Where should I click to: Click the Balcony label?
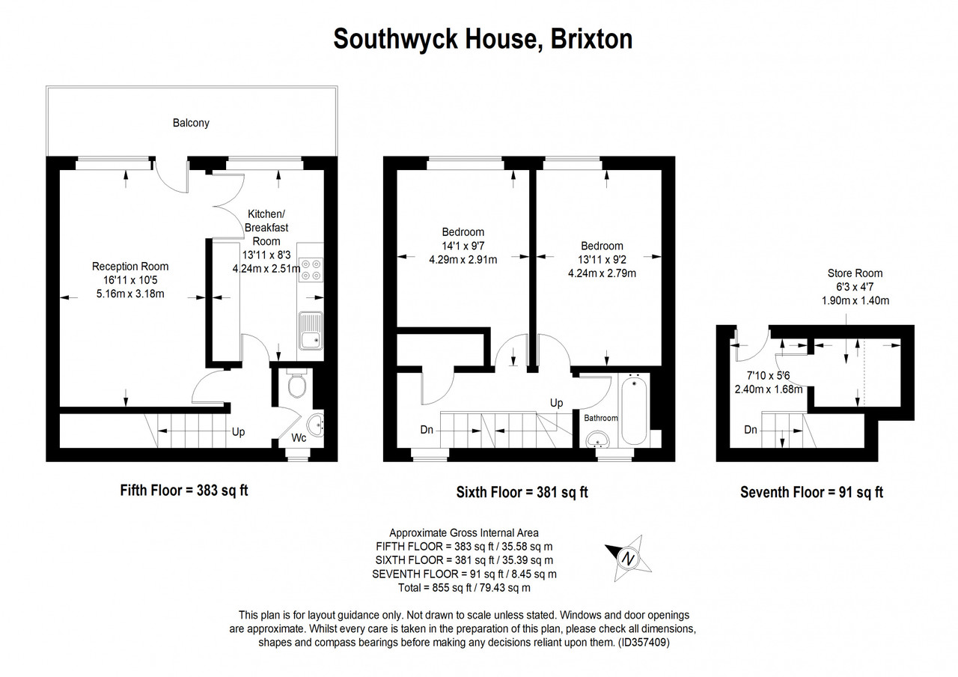click(x=191, y=124)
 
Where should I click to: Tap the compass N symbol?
click(x=628, y=559)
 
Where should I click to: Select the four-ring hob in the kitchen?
click(x=311, y=270)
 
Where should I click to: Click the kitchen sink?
click(x=311, y=330)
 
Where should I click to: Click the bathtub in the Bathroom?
click(x=634, y=410)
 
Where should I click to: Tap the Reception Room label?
click(x=130, y=267)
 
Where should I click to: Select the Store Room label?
click(x=855, y=273)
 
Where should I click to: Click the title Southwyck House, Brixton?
click(x=483, y=39)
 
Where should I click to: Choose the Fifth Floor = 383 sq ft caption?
click(x=184, y=491)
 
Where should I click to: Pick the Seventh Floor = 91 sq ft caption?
click(x=812, y=492)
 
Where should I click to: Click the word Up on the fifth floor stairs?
click(x=238, y=432)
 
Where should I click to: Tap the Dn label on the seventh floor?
click(x=751, y=430)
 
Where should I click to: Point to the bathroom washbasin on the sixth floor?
click(x=598, y=439)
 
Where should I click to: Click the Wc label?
click(x=299, y=438)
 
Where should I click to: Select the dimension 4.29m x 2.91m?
click(x=463, y=260)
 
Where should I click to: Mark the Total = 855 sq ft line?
click(x=464, y=588)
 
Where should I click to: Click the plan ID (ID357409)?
click(x=644, y=643)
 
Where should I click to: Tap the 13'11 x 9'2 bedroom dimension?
click(x=602, y=260)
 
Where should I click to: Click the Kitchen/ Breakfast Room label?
click(x=266, y=227)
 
